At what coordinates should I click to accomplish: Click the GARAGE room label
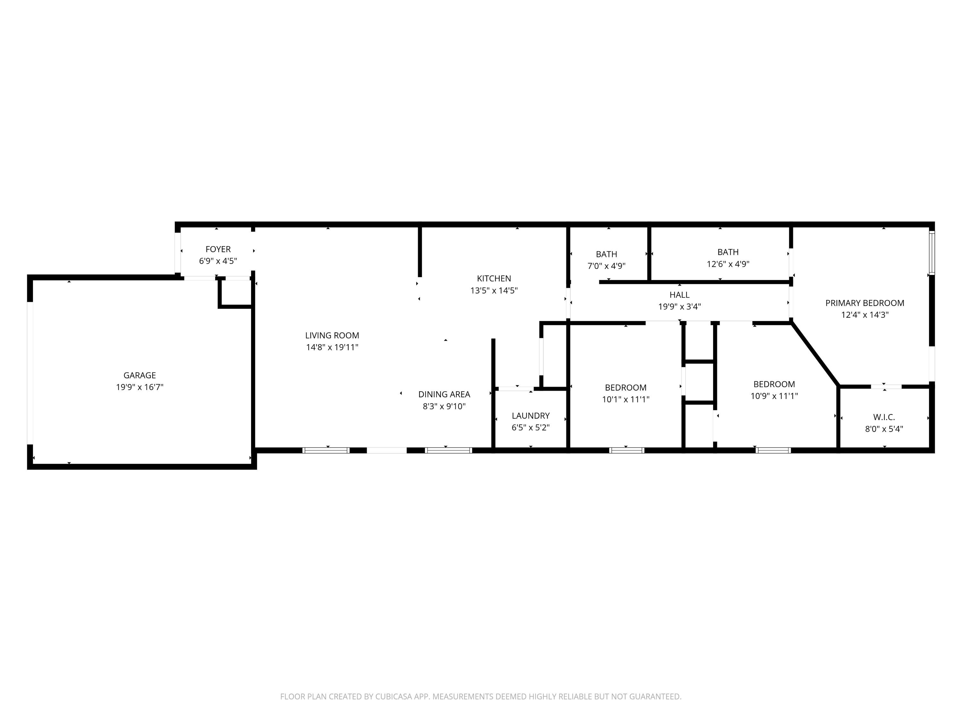click(x=139, y=375)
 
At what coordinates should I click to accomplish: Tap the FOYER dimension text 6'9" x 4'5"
click(x=218, y=261)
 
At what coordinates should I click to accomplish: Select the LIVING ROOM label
click(x=332, y=336)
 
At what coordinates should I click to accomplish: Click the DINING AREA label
click(x=444, y=394)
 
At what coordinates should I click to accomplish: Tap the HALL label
click(x=679, y=295)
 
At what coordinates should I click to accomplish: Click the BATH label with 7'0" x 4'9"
click(x=606, y=254)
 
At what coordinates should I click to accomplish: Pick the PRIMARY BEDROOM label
click(x=865, y=303)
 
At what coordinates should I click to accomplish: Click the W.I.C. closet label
click(x=884, y=417)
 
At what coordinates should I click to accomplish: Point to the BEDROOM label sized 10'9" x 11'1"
click(x=774, y=384)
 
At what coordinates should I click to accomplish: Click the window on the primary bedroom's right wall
click(x=932, y=253)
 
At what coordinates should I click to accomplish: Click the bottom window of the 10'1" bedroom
click(x=626, y=450)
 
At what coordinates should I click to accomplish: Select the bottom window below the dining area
click(x=448, y=450)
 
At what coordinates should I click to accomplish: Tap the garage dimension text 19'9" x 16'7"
click(x=139, y=387)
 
